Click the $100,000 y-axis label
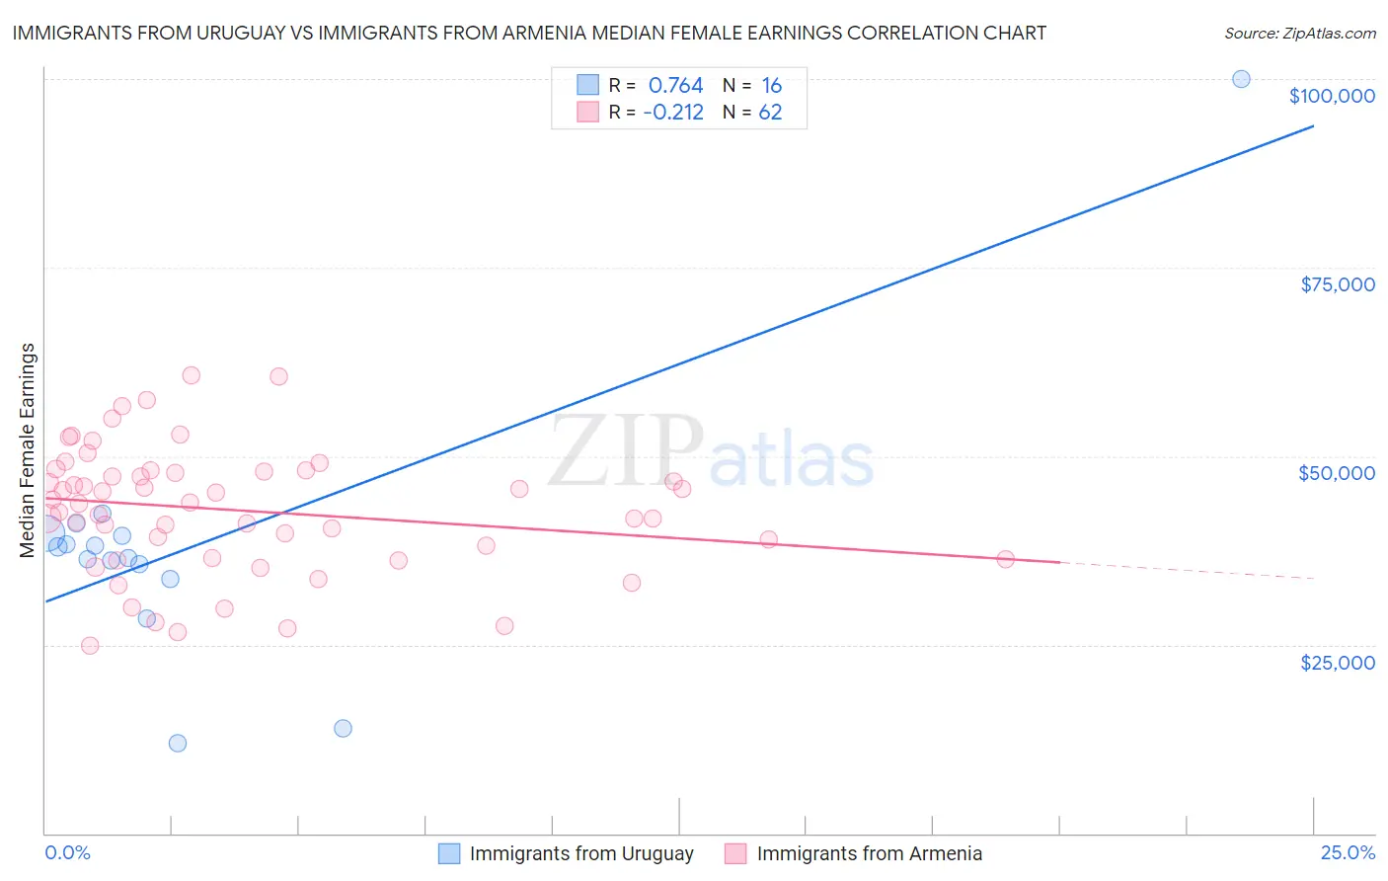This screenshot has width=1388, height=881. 1332,96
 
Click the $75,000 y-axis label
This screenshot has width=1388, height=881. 1337,284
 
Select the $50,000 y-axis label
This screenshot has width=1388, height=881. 1337,473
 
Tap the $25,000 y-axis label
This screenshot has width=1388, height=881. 1337,663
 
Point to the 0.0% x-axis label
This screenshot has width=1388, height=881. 67,853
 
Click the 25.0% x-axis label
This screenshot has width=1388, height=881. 1348,853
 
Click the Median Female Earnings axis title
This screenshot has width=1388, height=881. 28,450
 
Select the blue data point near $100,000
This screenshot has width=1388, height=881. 1241,79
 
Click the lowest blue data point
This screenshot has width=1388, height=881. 178,743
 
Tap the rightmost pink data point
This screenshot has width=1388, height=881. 1005,559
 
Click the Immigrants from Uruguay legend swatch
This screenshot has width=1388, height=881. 449,853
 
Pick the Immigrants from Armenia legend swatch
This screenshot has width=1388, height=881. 735,853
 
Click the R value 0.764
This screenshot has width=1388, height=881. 675,86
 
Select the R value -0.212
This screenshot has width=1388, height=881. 673,113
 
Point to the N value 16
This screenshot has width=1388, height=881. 771,86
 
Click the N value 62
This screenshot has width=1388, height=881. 770,113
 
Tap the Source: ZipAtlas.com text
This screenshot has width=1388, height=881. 1299,34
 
